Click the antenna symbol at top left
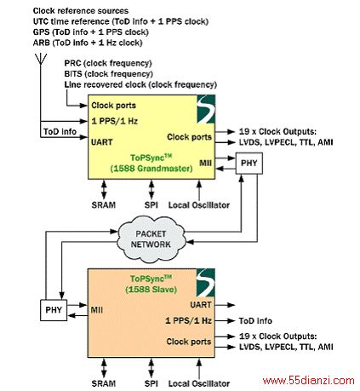(x=41, y=59)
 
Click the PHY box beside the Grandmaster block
(x=249, y=164)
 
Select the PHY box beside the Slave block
(x=54, y=310)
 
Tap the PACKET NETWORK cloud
(x=151, y=239)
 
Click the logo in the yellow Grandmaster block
(x=206, y=109)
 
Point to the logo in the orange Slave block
(x=206, y=283)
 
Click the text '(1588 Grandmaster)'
(x=151, y=169)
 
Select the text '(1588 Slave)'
(x=151, y=290)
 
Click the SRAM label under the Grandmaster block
(x=104, y=205)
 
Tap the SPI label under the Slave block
(x=151, y=383)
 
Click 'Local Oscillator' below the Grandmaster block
(x=199, y=205)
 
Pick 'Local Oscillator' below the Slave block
(x=199, y=383)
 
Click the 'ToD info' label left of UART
(x=60, y=132)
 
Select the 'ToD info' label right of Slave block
(x=255, y=321)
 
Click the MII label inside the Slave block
(x=97, y=310)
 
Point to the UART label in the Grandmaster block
(x=102, y=142)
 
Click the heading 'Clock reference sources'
(x=81, y=11)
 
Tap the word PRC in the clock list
(x=72, y=63)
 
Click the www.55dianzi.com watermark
(x=309, y=381)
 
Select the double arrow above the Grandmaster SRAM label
(x=104, y=190)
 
